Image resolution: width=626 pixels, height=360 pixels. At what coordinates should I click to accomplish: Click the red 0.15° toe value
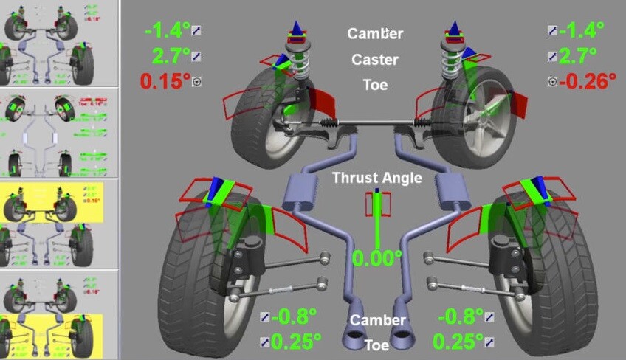click(x=161, y=81)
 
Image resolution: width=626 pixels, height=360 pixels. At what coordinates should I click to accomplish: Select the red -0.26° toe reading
click(x=588, y=80)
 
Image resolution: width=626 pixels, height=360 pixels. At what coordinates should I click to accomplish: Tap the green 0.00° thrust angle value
click(x=376, y=258)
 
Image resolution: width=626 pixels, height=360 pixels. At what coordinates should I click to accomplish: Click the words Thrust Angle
click(x=376, y=178)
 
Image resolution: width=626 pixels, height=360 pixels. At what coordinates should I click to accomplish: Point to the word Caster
click(x=375, y=60)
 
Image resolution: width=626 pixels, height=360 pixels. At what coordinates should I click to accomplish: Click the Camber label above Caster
click(x=375, y=34)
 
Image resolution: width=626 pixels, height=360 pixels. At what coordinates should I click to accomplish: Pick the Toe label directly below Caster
click(x=375, y=85)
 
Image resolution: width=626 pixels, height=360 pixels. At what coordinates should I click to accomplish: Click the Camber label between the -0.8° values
click(x=377, y=320)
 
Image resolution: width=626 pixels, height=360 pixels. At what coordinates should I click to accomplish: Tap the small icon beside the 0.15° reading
click(x=197, y=82)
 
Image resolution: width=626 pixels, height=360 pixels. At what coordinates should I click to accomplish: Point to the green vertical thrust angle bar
click(x=376, y=221)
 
